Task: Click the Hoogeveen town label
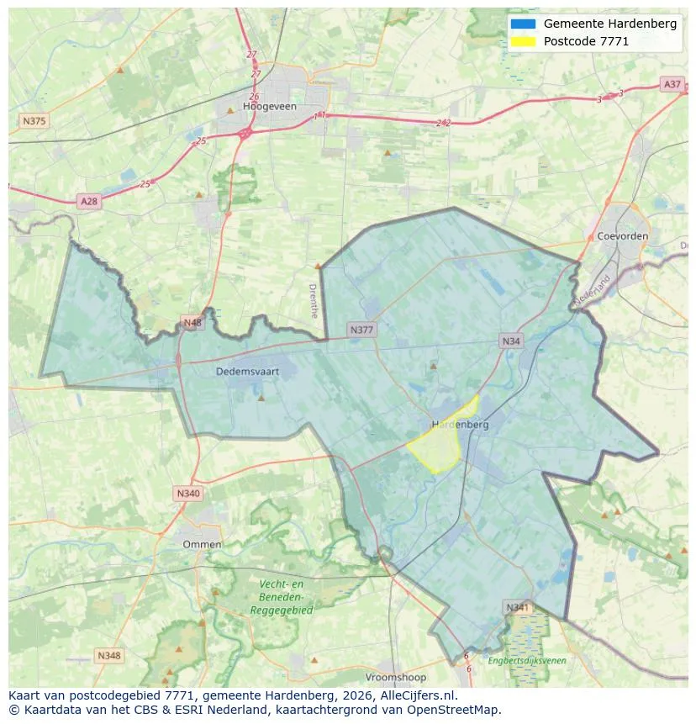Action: coord(270,107)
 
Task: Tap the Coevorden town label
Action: coord(623,236)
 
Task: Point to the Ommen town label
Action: coord(202,544)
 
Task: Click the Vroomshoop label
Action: coord(395,677)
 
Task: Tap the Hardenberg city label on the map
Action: coord(460,425)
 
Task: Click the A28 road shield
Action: coord(88,201)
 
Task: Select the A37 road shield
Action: coord(672,84)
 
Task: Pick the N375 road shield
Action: coord(34,121)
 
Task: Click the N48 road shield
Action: coord(192,323)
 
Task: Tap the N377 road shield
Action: coord(361,330)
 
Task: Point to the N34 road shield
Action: coord(510,341)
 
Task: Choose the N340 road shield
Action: coord(188,494)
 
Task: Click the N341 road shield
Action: coord(517,607)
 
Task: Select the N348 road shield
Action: coord(108,655)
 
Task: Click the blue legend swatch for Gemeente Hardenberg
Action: coord(522,24)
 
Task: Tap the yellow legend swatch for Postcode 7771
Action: coord(522,41)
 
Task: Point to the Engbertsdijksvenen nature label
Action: coord(527,661)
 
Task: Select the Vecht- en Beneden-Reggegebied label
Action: coord(282,597)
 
